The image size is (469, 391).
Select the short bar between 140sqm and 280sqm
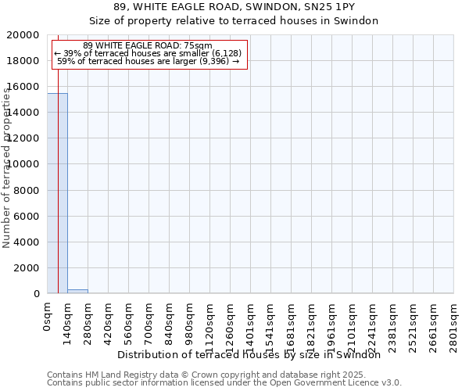pyautogui.click(x=77, y=291)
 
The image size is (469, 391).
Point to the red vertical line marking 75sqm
pyautogui.click(x=58, y=195)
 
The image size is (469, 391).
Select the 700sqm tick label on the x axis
pyautogui.click(x=149, y=321)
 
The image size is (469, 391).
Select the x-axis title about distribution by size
pyautogui.click(x=254, y=355)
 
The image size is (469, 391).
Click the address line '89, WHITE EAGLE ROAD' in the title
pyautogui.click(x=234, y=7)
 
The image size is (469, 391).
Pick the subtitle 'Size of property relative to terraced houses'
pyautogui.click(x=234, y=21)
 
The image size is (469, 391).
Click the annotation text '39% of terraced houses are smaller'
pyautogui.click(x=149, y=53)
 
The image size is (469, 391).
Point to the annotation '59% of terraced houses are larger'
pyautogui.click(x=149, y=61)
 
